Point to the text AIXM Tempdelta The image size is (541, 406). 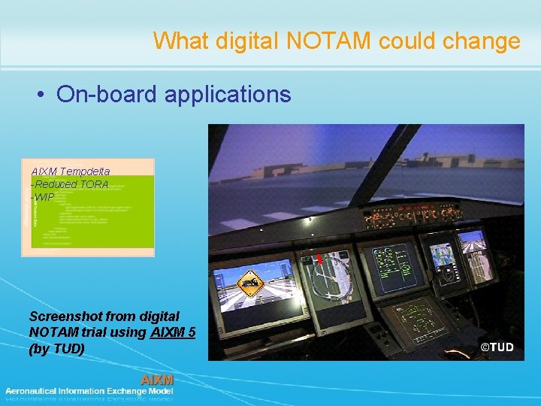point(71,171)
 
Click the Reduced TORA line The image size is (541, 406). point(71,184)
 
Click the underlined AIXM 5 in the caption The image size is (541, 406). point(173,332)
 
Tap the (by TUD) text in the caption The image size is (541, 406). point(57,349)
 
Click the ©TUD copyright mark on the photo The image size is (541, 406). point(497,347)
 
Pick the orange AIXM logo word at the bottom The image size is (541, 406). point(157,380)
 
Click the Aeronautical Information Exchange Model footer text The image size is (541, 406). point(89,391)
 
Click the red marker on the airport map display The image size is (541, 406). point(319,259)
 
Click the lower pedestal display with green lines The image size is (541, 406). point(412,320)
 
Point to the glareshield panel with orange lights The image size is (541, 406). point(405,219)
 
